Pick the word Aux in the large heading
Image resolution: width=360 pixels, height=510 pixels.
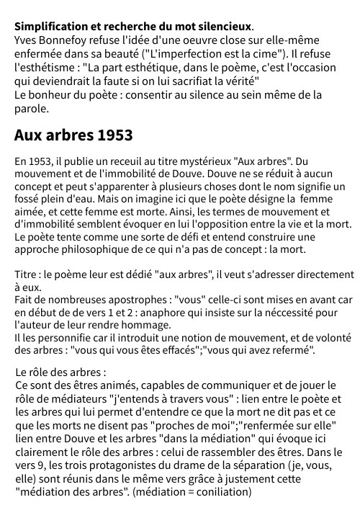click(x=28, y=135)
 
